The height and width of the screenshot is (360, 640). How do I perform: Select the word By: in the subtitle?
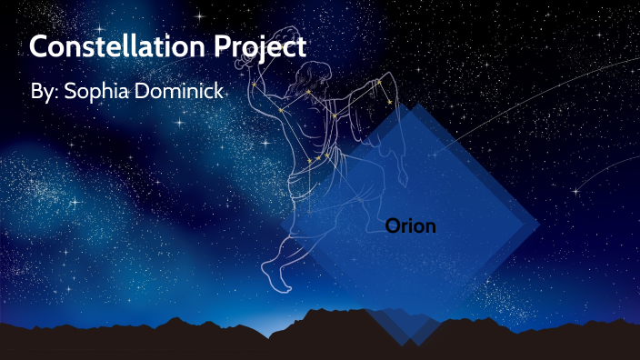tap(44, 94)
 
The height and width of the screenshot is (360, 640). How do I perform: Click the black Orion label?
tap(410, 226)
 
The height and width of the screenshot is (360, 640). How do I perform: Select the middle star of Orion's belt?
tap(318, 157)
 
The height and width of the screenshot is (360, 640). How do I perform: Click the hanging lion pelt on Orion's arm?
tap(386, 100)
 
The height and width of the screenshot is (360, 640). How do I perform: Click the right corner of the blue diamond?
tap(539, 224)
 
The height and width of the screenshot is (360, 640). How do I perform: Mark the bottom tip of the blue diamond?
tap(411, 345)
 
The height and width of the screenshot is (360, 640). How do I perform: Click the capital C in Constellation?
tap(39, 46)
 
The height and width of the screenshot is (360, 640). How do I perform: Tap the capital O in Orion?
tap(392, 226)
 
